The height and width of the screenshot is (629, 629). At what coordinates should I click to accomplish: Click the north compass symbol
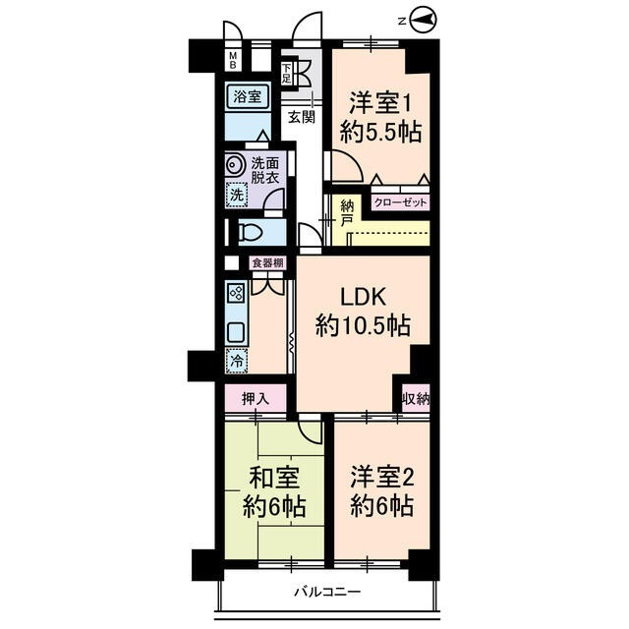(423, 18)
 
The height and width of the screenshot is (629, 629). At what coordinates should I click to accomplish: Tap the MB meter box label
(234, 61)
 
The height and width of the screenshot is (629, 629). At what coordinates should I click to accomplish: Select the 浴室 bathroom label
(247, 96)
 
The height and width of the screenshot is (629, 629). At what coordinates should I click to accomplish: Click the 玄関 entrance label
(302, 117)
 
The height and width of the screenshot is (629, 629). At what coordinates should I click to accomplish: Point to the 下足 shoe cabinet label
(287, 72)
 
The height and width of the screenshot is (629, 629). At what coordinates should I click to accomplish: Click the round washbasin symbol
(235, 166)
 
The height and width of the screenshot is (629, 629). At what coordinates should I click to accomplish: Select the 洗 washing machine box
(236, 195)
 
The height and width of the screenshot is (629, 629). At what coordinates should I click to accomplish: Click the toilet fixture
(249, 233)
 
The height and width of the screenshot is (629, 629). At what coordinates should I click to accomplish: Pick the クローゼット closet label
(400, 203)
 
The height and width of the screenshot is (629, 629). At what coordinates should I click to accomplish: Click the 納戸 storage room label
(347, 213)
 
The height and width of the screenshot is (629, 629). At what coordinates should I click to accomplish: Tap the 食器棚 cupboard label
(267, 262)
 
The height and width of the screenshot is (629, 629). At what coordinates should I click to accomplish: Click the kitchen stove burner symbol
(236, 292)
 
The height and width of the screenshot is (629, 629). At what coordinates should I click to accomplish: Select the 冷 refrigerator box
(236, 361)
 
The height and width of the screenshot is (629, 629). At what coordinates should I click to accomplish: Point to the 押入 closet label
(254, 399)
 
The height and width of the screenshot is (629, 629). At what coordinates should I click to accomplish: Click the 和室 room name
(273, 479)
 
